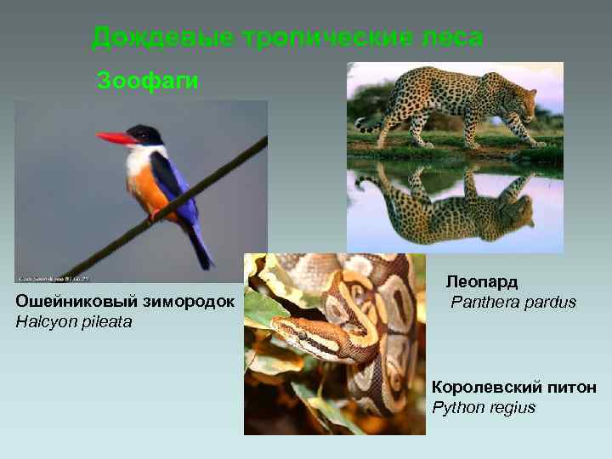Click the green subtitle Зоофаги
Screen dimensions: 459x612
pyautogui.click(x=148, y=82)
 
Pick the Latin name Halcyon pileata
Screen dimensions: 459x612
pyautogui.click(x=74, y=322)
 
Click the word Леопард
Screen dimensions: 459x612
pyautogui.click(x=482, y=281)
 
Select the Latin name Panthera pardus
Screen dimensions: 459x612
pyautogui.click(x=513, y=302)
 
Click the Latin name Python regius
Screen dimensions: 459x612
pyautogui.click(x=484, y=408)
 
